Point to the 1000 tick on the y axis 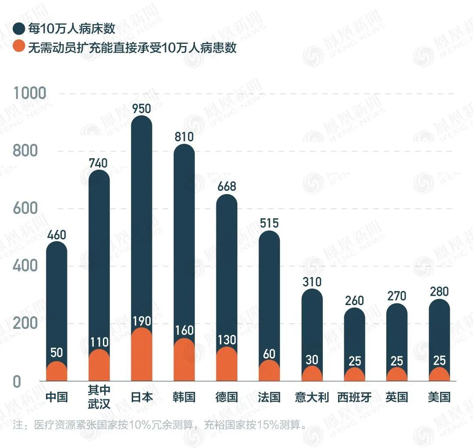click(x=30, y=93)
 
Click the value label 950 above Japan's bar click(x=141, y=108)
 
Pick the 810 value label click(x=184, y=137)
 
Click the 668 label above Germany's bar click(x=226, y=186)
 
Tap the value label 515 click(x=269, y=223)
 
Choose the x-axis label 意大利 click(x=311, y=398)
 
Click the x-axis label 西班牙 click(x=354, y=398)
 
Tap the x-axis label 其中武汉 click(x=99, y=397)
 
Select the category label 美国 click(x=439, y=398)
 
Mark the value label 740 click(x=99, y=163)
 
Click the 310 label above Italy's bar click(x=311, y=281)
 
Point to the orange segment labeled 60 click(x=269, y=372)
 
